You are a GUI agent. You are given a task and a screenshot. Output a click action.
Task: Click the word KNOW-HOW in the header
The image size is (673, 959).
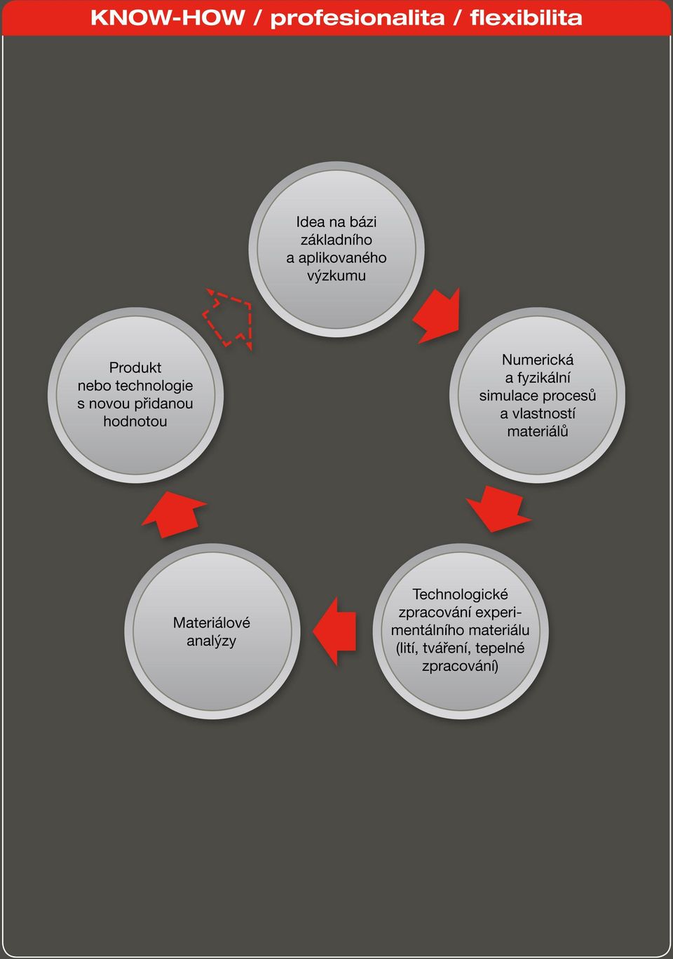point(168,18)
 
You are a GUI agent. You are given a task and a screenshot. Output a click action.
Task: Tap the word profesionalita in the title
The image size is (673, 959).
point(358,19)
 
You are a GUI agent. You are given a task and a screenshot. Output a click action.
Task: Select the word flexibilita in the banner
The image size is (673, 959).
point(526,18)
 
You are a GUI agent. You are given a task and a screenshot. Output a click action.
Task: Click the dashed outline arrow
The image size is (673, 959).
point(227,318)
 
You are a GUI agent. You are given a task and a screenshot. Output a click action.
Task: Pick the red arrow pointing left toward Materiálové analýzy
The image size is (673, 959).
point(335,631)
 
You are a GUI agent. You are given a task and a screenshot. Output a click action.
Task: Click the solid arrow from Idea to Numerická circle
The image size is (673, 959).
point(437,315)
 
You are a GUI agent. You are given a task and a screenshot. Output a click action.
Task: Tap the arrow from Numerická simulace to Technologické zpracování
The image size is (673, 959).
point(498,509)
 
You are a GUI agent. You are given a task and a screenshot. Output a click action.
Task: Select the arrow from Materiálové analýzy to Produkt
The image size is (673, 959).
point(175,514)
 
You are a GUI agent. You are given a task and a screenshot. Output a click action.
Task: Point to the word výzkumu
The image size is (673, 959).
point(336,276)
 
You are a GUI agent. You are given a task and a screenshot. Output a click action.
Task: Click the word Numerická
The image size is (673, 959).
point(537,360)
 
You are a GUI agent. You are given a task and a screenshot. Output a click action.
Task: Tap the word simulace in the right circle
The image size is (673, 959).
point(508,395)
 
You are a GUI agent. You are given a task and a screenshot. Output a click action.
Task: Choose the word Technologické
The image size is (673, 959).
point(460,594)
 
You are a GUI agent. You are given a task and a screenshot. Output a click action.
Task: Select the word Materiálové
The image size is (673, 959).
point(212,623)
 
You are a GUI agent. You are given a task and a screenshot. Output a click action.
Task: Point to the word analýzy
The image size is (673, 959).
point(212,641)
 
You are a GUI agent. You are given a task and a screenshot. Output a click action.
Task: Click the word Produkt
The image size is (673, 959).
point(135,367)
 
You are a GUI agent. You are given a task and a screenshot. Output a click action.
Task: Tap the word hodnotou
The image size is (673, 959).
point(135,421)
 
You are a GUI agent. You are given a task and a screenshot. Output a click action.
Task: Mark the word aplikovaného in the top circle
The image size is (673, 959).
point(341,258)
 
